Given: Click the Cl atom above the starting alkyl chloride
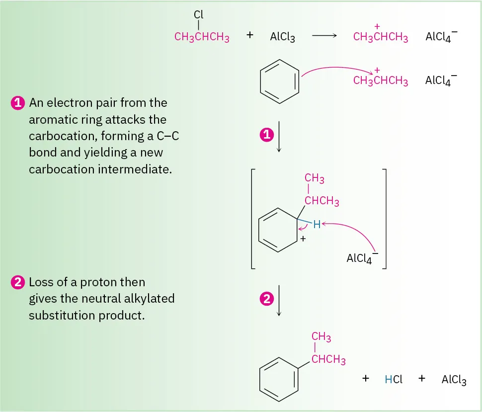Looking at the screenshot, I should pyautogui.click(x=199, y=15).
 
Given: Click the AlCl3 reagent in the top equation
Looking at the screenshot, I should pyautogui.click(x=282, y=37).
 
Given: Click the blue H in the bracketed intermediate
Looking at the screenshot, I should pyautogui.click(x=317, y=225).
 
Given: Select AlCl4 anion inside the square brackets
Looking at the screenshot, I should pyautogui.click(x=361, y=258).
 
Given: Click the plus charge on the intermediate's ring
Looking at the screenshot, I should pyautogui.click(x=302, y=240).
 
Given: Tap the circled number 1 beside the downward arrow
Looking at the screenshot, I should pyautogui.click(x=267, y=135).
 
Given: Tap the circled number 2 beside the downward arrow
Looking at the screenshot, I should pyautogui.click(x=267, y=299).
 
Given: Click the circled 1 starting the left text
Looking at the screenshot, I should pyautogui.click(x=17, y=103).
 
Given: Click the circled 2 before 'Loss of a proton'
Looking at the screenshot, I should pyautogui.click(x=17, y=283).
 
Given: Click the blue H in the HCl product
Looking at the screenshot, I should pyautogui.click(x=389, y=380).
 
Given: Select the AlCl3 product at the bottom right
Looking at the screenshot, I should pyautogui.click(x=454, y=380).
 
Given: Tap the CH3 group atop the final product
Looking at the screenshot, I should pyautogui.click(x=321, y=338).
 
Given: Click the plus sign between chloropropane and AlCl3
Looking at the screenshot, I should pyautogui.click(x=250, y=36).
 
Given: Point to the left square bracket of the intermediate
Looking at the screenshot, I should pyautogui.click(x=253, y=219).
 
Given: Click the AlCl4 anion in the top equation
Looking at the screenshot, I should pyautogui.click(x=441, y=37).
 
